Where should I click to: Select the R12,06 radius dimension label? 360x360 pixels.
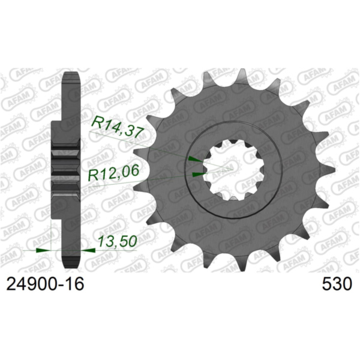click(113, 174)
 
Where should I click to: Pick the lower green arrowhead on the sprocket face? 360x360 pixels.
click(199, 175)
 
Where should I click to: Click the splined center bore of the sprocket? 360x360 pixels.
click(229, 168)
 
